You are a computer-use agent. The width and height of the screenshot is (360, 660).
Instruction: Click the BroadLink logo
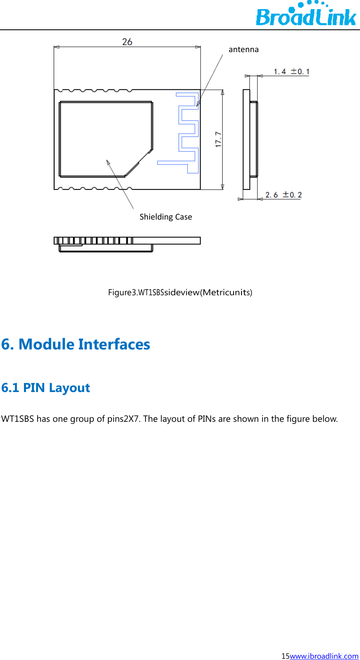tap(306, 15)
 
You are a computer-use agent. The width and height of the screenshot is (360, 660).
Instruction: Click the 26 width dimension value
tap(127, 42)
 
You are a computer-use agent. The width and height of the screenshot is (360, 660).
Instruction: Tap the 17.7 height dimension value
tap(219, 139)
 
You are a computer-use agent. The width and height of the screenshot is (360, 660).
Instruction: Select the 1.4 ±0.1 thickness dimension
tap(291, 72)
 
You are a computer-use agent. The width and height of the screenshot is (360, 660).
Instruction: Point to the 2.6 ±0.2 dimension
tap(284, 195)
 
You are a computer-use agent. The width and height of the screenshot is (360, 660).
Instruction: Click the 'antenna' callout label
tap(243, 50)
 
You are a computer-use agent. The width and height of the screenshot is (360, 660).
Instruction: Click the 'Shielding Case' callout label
tap(166, 217)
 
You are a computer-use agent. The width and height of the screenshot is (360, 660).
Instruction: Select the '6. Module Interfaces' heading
tap(76, 344)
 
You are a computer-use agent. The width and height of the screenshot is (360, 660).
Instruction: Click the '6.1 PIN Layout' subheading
tap(45, 388)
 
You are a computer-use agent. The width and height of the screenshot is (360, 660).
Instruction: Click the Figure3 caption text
tap(180, 292)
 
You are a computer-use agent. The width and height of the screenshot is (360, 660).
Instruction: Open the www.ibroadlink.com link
tap(324, 656)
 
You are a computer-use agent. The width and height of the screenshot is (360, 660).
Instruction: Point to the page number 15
tap(285, 656)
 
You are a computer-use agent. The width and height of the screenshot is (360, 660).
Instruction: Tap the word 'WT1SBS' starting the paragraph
tap(17, 419)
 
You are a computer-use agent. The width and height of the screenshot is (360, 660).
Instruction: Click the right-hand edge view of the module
tap(250, 139)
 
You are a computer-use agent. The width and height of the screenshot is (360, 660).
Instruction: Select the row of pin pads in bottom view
tap(93, 241)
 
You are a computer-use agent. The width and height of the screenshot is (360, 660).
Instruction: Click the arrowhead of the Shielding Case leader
tap(108, 162)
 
